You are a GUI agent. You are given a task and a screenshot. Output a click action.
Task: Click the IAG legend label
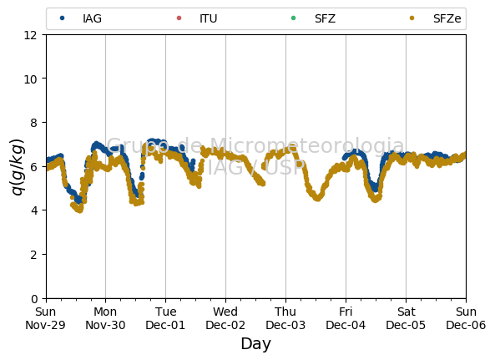pos(92,18)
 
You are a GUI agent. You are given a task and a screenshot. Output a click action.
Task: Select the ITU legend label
pos(209,18)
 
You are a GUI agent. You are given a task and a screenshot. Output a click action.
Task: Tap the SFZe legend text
pos(447,18)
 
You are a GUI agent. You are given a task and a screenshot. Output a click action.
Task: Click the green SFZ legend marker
pos(293,18)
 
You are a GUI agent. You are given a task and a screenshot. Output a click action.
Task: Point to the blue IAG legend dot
pos(63,18)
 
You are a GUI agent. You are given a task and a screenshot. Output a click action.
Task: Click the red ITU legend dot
pos(179,18)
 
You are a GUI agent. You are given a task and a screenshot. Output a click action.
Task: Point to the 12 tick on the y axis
pos(31,35)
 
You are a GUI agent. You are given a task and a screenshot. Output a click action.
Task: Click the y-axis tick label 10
pos(31,79)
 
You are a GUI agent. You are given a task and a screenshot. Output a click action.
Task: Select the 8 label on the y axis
pos(34,123)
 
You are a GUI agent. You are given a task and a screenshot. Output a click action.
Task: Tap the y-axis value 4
pos(34,210)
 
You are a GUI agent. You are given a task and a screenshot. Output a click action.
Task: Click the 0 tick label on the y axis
pos(34,299)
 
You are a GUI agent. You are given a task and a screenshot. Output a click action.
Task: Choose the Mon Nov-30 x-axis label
pos(105,318)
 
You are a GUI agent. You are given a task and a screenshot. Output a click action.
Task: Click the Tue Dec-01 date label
pos(165,318)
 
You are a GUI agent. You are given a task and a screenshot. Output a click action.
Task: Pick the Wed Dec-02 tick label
pos(225,318)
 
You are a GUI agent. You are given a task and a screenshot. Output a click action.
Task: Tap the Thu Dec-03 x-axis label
pos(285,318)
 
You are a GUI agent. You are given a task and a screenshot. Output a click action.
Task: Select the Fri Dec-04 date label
pos(346,318)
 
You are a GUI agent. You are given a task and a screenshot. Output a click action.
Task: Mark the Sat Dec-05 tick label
pos(406,318)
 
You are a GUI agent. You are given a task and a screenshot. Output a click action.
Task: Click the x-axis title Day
pos(256,344)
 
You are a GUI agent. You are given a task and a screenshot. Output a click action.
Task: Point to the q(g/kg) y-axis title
pos(18,167)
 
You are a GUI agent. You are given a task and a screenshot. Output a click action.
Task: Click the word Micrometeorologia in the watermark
pos(307,145)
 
